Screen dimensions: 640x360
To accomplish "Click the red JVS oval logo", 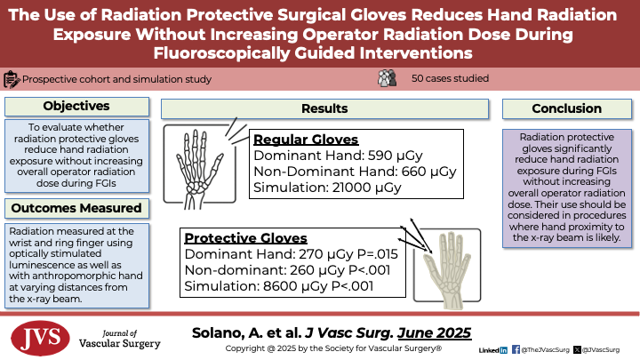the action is click(40, 338).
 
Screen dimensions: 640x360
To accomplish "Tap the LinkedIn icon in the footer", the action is click(504, 350).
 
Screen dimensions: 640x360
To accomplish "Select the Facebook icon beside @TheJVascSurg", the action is click(516, 350).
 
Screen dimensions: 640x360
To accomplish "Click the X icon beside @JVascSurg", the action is click(577, 350).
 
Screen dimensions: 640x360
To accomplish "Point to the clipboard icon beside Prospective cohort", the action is click(12, 79).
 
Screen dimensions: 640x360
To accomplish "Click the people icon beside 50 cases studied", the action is click(387, 78).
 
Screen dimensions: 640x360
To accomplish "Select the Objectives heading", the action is click(76, 106).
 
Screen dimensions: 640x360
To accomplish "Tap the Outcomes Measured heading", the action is click(76, 208).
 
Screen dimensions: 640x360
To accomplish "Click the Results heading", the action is click(324, 108).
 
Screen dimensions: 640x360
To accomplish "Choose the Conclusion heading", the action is click(566, 108).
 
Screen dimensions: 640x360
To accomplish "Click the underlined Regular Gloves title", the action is click(306, 140).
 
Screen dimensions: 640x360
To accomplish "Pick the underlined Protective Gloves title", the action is click(245, 238).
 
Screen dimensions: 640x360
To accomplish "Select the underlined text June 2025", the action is click(435, 333).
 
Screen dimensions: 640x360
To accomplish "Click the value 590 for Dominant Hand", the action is click(380, 156).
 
